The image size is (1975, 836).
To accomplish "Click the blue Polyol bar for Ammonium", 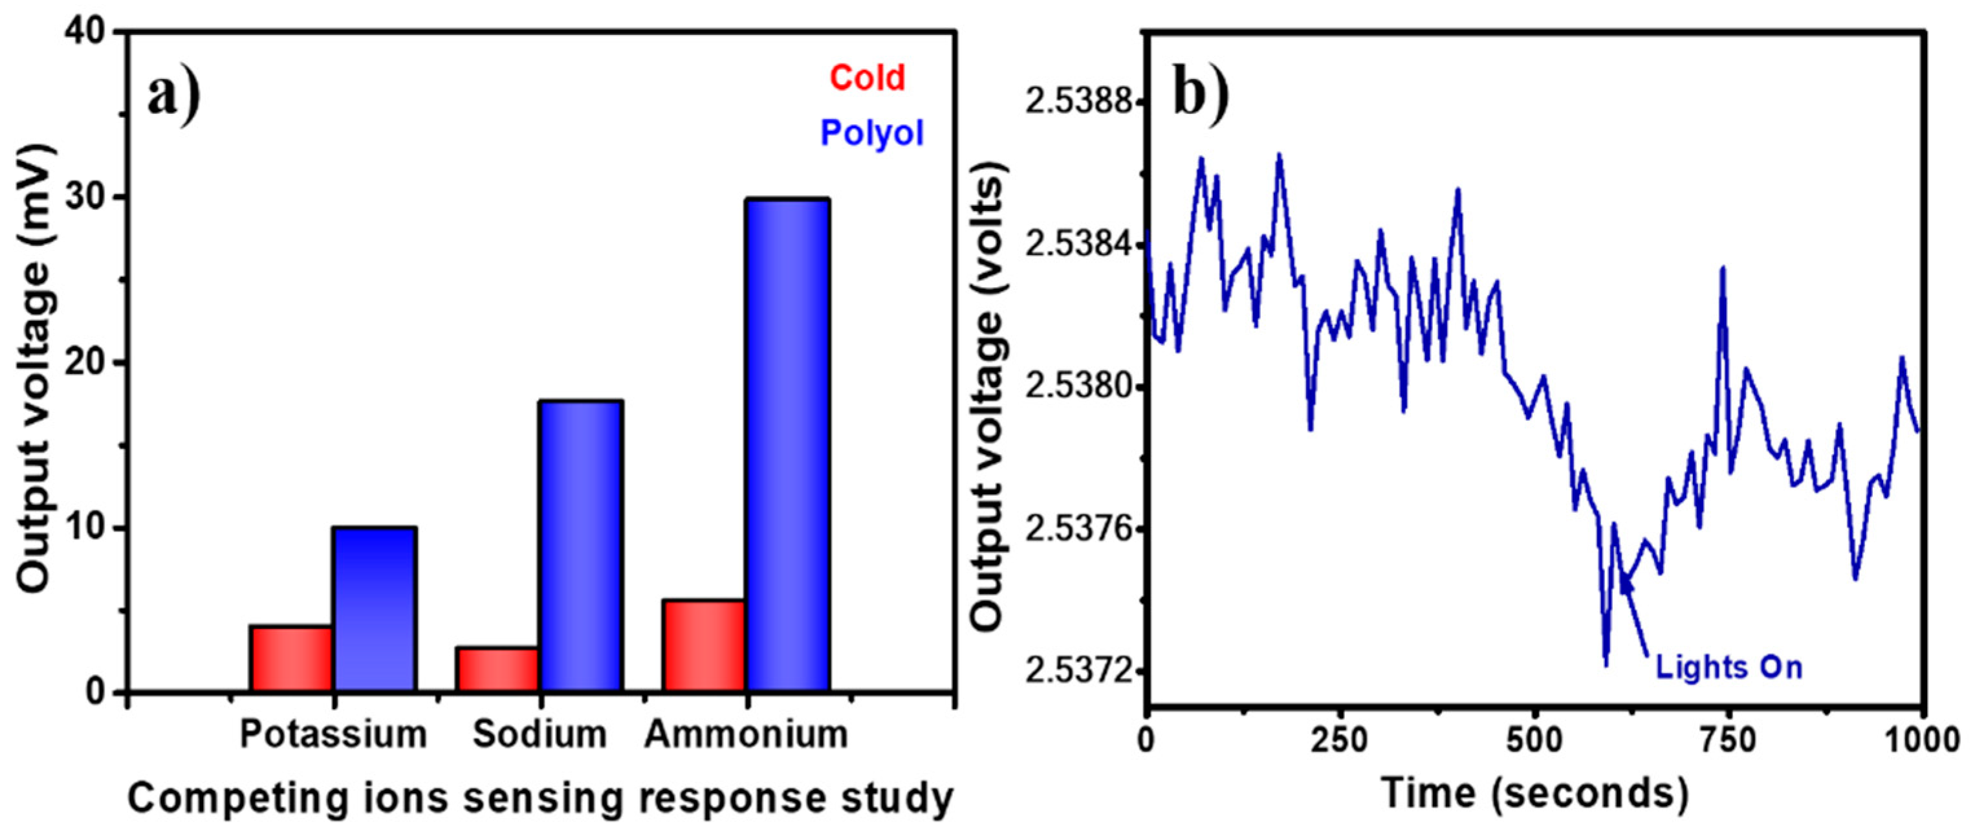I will click(787, 445).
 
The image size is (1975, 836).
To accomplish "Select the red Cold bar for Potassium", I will click(290, 659).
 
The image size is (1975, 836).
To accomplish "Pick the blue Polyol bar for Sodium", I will click(580, 545).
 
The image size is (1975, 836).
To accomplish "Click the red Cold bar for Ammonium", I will click(704, 646).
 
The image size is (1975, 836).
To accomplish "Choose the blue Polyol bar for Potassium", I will click(374, 609).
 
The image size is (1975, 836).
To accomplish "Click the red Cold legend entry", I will click(867, 78).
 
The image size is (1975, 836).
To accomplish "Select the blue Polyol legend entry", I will click(872, 133).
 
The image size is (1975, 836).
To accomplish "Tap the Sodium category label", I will click(540, 734).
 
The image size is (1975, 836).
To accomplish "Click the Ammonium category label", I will click(746, 734).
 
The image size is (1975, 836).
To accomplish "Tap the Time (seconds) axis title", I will click(1535, 793).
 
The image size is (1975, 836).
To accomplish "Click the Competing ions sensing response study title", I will click(540, 798).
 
